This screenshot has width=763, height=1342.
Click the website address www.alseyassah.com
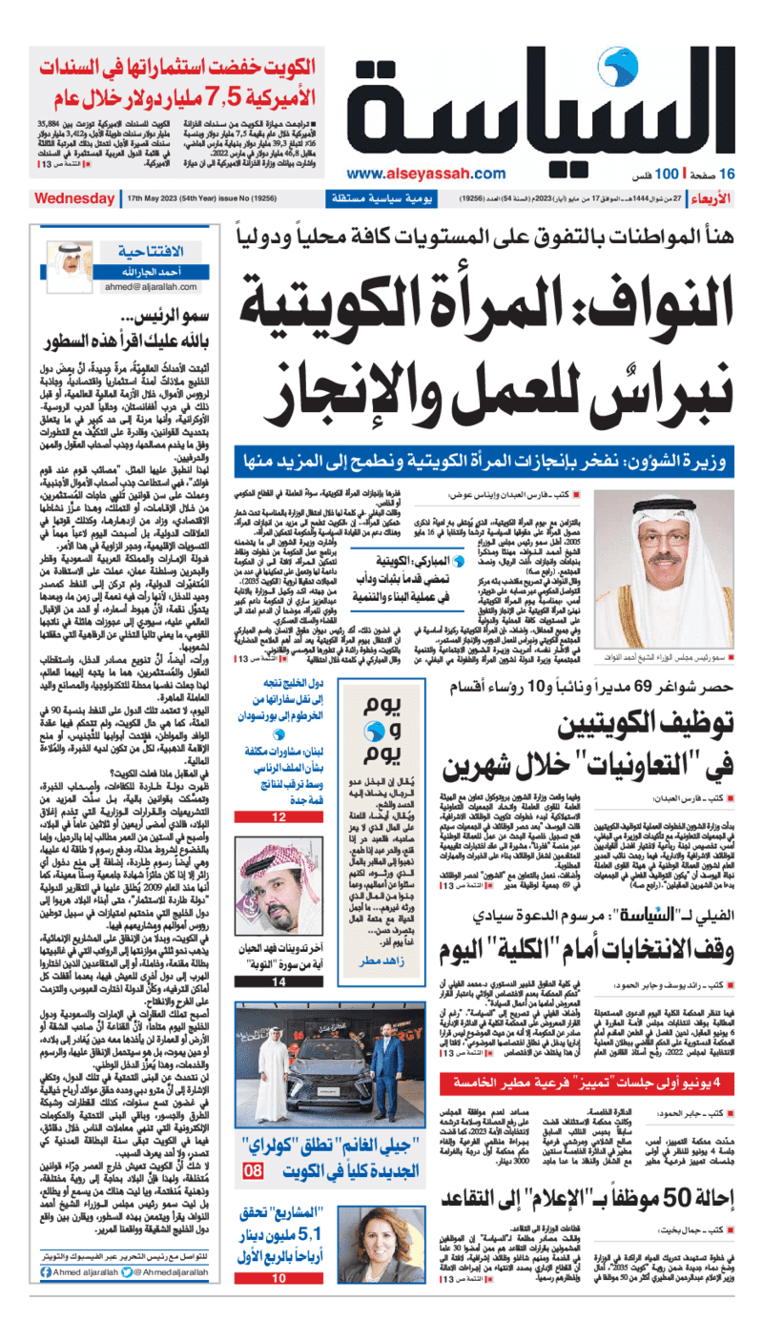tap(425, 174)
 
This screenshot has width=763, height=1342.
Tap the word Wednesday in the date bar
tap(74, 199)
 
